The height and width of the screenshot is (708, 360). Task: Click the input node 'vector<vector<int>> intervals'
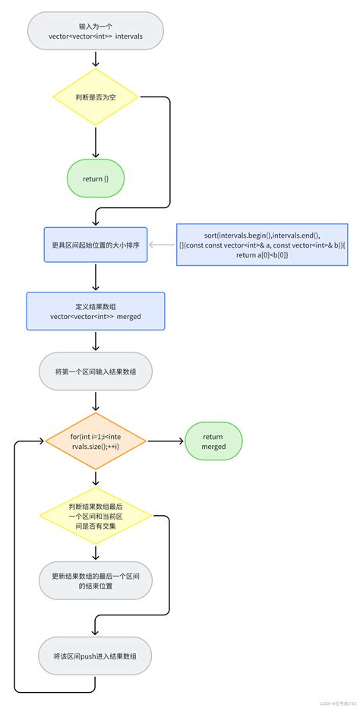(95, 31)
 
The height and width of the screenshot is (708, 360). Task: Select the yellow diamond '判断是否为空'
(95, 97)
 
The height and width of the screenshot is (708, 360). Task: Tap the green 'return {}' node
(95, 179)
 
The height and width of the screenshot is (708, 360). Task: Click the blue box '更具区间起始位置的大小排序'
(95, 245)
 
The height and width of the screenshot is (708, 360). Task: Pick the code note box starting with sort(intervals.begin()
(261, 245)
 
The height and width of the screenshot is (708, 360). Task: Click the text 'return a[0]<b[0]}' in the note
(261, 256)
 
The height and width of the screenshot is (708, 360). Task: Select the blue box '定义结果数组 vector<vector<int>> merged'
(95, 311)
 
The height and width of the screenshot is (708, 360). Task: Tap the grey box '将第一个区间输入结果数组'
(95, 371)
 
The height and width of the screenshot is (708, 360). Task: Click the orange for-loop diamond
(95, 441)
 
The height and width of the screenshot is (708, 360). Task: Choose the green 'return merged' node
(213, 441)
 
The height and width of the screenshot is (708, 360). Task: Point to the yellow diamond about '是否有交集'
(95, 516)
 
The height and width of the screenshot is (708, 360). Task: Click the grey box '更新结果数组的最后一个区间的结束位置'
(95, 581)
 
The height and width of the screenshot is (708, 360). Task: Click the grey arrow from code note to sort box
(163, 245)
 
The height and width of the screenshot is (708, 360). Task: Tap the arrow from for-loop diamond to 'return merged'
(165, 441)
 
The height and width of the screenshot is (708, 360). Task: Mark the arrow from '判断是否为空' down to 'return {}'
(95, 142)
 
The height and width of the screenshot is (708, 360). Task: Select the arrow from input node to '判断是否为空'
(95, 58)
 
